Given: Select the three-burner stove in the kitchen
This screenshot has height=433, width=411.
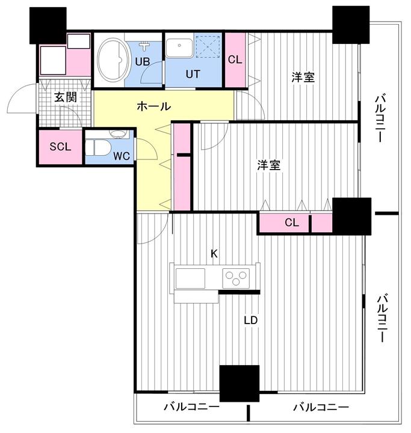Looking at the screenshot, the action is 236,278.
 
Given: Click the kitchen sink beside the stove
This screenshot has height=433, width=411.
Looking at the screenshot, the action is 190,278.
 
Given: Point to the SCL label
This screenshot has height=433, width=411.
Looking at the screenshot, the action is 60,147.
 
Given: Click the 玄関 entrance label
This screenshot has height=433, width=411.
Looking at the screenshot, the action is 65,97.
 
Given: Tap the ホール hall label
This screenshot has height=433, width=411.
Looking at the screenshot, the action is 153,106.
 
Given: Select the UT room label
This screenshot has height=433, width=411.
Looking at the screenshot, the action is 193,74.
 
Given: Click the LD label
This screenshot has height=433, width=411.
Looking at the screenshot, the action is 251,321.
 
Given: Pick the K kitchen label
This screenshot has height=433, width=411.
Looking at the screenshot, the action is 214,254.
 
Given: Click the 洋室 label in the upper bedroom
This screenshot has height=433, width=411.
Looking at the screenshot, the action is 303,78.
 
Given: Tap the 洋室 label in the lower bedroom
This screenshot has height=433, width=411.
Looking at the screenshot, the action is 268,165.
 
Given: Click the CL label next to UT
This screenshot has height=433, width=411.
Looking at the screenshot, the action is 235,60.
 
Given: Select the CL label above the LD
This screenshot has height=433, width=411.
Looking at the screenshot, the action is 292,223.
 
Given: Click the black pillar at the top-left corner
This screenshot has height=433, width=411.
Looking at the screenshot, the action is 48,25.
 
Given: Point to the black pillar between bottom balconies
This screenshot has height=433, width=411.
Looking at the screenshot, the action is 239,383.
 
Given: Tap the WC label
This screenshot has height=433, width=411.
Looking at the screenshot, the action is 122,156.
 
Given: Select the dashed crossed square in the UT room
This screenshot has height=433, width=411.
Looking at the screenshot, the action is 208,46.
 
